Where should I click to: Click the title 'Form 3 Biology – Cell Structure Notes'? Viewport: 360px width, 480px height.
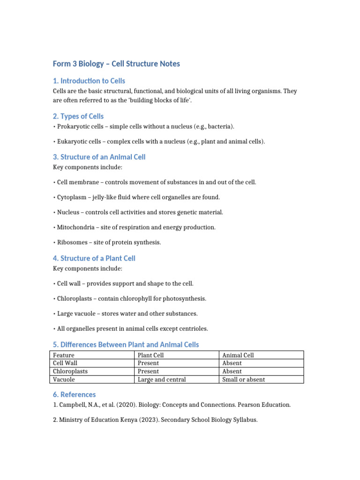click(x=116, y=64)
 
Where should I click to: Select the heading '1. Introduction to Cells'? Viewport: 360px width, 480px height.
click(x=89, y=81)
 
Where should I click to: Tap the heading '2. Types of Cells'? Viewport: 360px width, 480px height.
click(x=78, y=116)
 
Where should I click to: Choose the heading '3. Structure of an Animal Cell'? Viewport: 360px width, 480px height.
click(x=99, y=157)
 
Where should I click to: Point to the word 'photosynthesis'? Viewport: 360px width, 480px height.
click(x=187, y=299)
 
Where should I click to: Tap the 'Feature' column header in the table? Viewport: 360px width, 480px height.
click(x=64, y=355)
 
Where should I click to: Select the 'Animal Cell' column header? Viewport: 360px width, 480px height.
click(x=238, y=355)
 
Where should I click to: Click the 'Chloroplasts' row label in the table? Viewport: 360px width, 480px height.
click(x=70, y=371)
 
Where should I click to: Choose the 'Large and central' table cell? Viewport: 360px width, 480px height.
click(x=162, y=380)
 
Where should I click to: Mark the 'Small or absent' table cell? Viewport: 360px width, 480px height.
click(x=243, y=380)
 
